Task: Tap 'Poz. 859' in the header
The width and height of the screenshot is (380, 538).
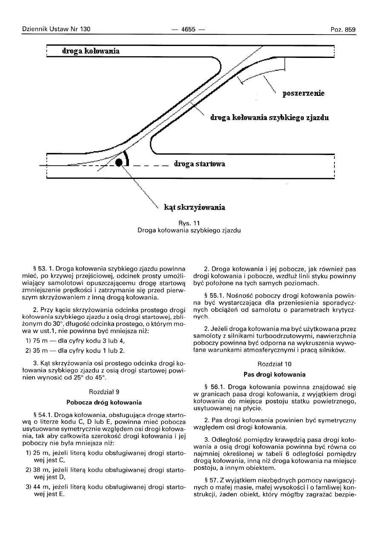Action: [343, 29]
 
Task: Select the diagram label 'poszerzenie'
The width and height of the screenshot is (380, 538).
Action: [303, 94]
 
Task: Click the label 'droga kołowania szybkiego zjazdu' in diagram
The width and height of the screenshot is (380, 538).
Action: [269, 117]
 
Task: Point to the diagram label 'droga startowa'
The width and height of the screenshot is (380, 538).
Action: [200, 164]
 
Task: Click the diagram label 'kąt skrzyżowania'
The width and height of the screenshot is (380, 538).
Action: [194, 208]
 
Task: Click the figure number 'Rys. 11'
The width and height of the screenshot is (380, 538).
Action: [189, 223]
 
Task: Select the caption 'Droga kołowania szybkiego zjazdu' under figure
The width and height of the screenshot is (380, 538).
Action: [189, 231]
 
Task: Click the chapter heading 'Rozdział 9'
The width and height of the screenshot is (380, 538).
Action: [104, 391]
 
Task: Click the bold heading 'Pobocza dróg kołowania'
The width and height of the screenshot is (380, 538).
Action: [104, 402]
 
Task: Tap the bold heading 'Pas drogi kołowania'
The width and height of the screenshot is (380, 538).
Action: [274, 375]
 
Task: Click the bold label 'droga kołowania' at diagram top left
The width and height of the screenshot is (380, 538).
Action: [91, 51]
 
